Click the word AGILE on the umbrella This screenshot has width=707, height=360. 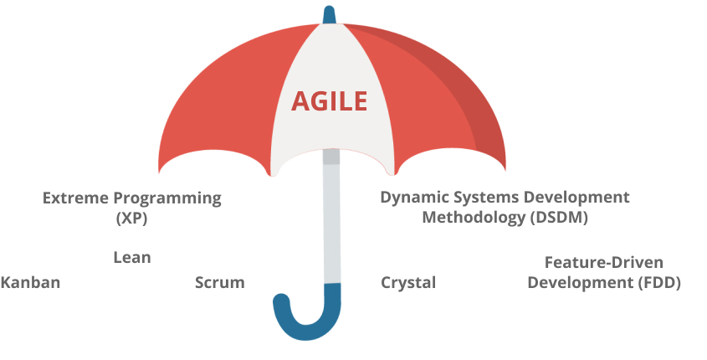329,101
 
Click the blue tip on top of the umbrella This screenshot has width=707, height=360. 329,15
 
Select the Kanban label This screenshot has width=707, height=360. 30,282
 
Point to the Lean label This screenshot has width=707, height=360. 132,258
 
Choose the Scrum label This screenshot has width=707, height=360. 220,282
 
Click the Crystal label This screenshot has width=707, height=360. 408,283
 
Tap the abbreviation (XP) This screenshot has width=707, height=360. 132,219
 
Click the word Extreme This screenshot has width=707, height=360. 76,198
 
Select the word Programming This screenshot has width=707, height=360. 167,198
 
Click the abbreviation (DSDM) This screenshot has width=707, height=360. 559,218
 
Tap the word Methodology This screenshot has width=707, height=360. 474,218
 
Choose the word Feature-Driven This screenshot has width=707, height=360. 604,262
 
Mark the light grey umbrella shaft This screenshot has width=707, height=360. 332,217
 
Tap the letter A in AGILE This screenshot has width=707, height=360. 300,101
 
